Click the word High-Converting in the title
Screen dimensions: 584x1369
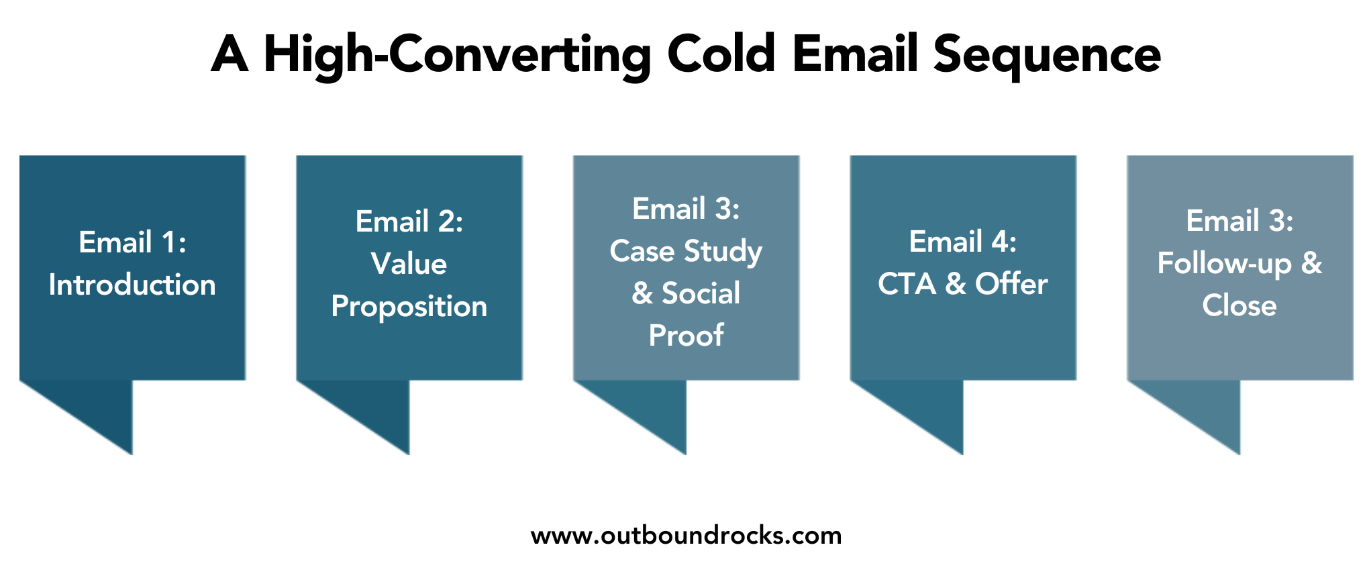457,55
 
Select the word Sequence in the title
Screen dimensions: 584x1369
1046,55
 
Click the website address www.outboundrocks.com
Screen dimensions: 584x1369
686,536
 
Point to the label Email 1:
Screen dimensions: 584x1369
132,242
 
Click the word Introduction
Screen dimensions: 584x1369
132,285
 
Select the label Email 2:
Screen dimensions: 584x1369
409,222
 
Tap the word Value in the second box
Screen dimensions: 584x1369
409,264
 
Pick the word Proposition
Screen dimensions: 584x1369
409,307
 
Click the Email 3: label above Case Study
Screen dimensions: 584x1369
686,209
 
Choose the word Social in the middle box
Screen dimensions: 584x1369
701,293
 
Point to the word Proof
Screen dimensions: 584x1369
686,336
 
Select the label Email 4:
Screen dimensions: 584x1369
962,242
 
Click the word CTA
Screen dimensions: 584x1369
907,284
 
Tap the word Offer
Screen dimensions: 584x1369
1011,284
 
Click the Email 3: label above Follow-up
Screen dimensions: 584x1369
1239,221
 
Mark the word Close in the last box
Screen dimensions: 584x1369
1239,305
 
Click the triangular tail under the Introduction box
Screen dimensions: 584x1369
101,409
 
